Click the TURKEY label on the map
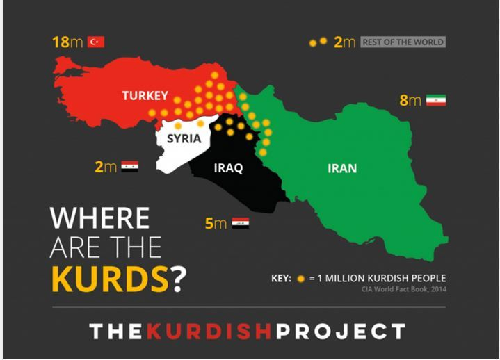pos(145,96)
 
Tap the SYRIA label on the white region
pos(184,138)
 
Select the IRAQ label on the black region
pos(227,168)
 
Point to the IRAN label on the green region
pos(342,168)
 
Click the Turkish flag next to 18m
pos(96,42)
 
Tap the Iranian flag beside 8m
pos(436,101)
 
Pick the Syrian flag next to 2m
pos(129,167)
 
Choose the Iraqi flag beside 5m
pos(241,223)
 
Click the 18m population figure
pos(67,42)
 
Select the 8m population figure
pos(410,101)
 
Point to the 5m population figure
pos(216,223)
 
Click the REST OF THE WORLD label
pos(403,42)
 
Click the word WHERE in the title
pos(100,218)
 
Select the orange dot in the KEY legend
pos(300,278)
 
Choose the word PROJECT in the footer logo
pos(340,332)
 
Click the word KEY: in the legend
pos(282,278)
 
